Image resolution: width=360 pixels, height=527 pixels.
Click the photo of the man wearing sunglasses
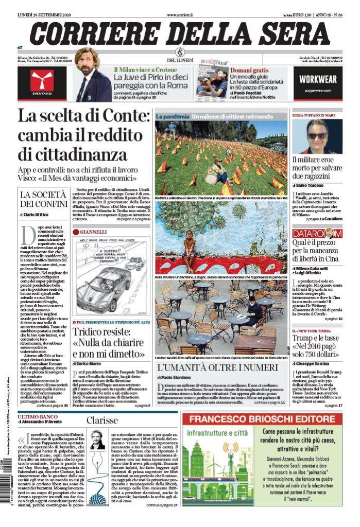(x=317, y=136)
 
